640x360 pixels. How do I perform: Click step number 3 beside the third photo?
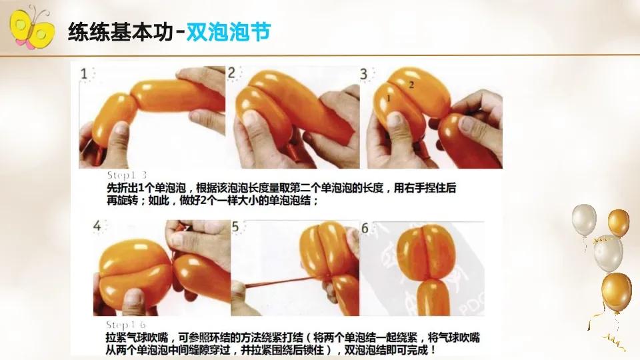[364, 73]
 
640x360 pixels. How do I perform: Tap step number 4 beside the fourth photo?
[98, 227]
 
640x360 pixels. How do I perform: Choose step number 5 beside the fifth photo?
[235, 227]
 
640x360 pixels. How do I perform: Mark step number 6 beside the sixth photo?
[364, 227]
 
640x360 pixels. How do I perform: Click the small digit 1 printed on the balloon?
[387, 99]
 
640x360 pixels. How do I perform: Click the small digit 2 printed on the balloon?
[411, 85]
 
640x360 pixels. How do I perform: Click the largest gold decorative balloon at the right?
[616, 291]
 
